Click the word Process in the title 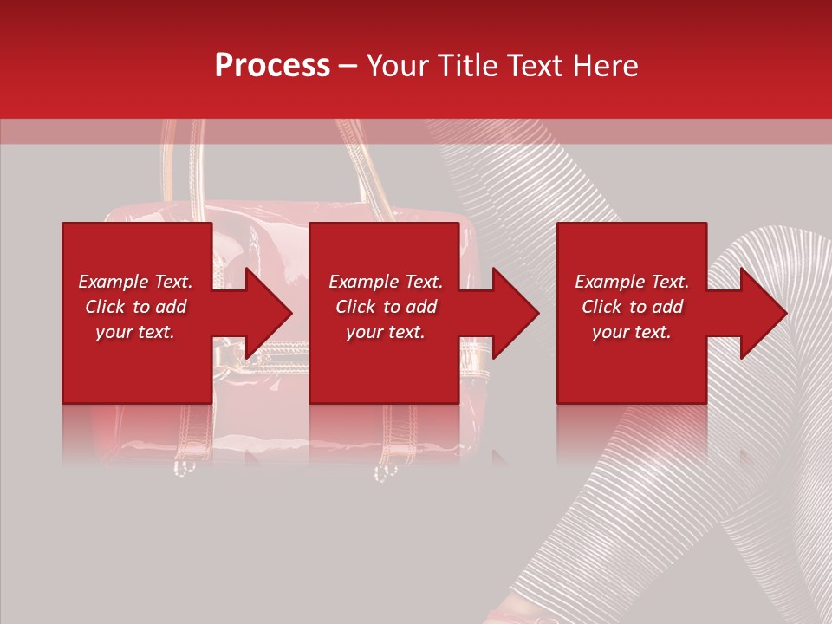[x=272, y=66]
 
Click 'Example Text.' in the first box [x=135, y=282]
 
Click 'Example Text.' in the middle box [x=385, y=282]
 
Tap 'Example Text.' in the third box [x=632, y=282]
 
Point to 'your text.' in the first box [x=135, y=332]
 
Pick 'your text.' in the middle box [x=385, y=332]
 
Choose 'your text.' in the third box [x=632, y=332]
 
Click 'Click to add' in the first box [x=135, y=307]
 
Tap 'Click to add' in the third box [x=632, y=307]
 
